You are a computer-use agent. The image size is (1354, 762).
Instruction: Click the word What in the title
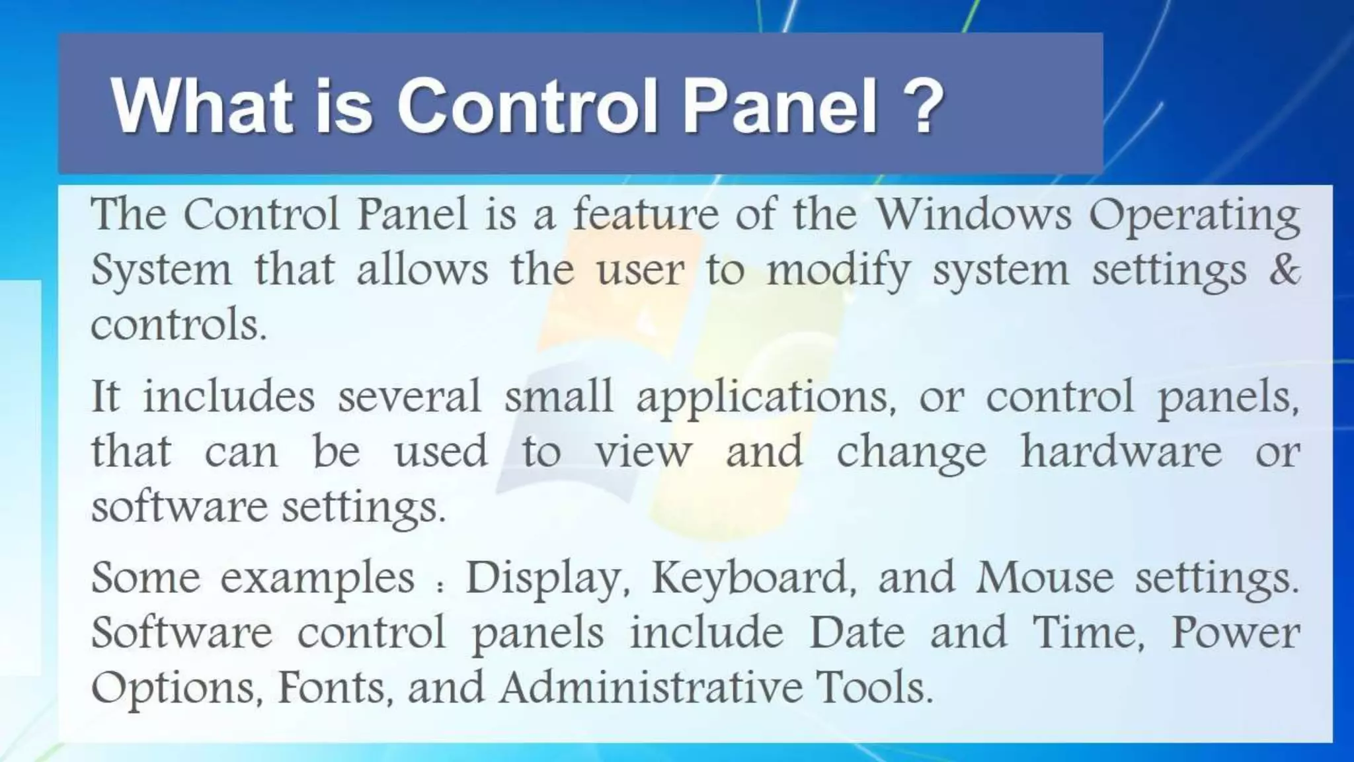point(202,106)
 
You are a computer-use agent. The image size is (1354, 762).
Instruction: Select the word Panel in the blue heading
point(779,106)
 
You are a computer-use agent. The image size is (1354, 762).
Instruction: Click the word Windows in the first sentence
point(973,214)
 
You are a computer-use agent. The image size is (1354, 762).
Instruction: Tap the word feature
point(645,214)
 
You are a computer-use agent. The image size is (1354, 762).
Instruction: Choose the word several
point(409,397)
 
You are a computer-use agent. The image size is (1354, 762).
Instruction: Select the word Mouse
point(1045,577)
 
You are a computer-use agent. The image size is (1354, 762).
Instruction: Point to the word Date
point(857,632)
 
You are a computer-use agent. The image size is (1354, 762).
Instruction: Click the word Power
point(1235,632)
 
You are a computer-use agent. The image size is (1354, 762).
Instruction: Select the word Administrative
point(651,687)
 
